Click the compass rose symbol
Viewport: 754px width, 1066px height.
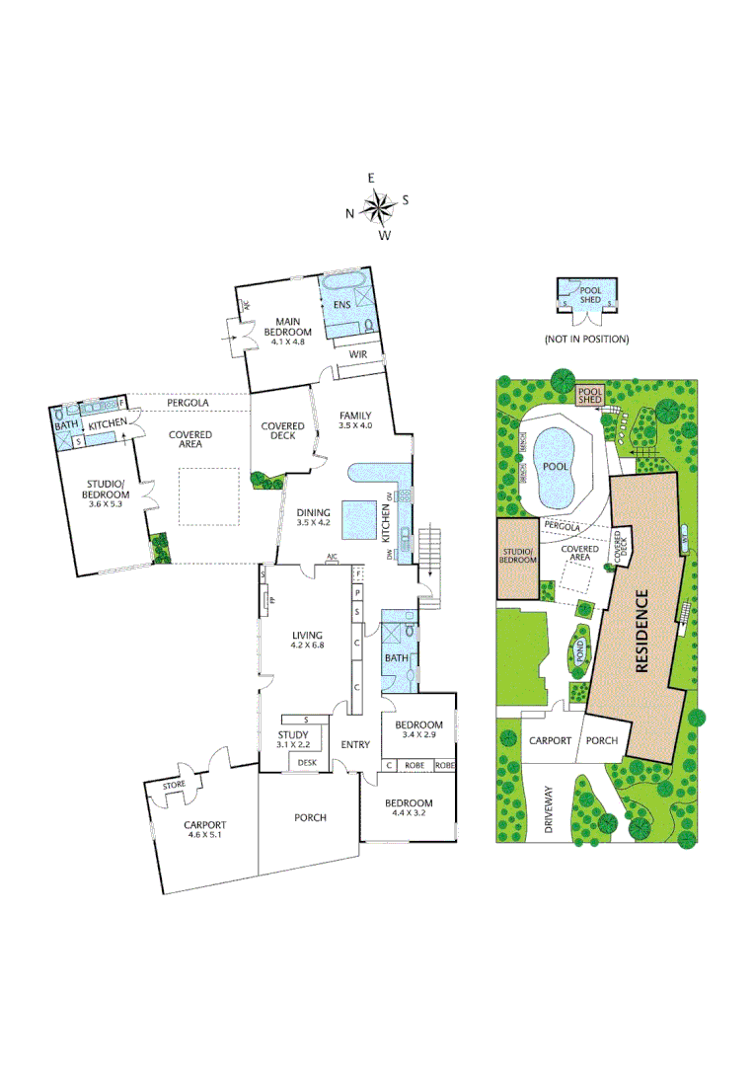(377, 206)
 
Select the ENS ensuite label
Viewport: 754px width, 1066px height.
(342, 305)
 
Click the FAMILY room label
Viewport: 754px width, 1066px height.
(355, 415)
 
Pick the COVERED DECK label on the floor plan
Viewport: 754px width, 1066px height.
(282, 431)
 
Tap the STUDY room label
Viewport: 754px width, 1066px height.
(294, 735)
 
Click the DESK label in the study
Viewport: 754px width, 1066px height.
(307, 763)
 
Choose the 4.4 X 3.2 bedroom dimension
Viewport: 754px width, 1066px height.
(410, 814)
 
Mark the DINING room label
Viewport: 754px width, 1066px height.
(314, 512)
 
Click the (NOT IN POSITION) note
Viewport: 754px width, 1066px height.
(586, 340)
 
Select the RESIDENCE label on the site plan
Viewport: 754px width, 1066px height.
(642, 631)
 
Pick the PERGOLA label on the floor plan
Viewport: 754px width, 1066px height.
(186, 404)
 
